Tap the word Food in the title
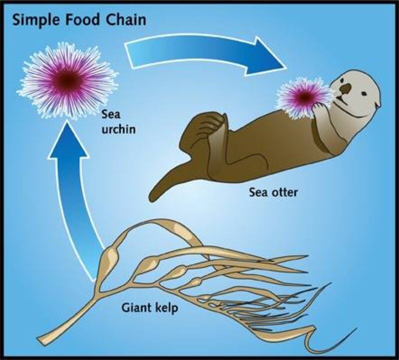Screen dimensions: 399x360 click(82, 19)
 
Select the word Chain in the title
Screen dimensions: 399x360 click(126, 19)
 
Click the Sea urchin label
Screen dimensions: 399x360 click(118, 122)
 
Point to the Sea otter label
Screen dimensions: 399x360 click(273, 192)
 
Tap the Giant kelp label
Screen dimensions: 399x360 click(149, 308)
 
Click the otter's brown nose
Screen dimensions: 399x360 click(346, 88)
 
